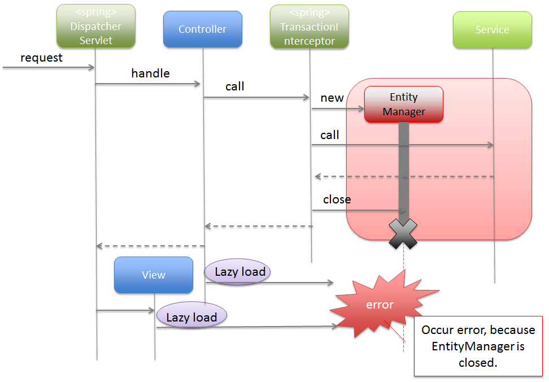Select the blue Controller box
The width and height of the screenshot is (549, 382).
coord(202,29)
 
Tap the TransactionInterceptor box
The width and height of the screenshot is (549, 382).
coord(309,26)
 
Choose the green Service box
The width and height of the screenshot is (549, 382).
coord(492,30)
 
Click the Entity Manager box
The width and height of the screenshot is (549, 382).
coord(404,105)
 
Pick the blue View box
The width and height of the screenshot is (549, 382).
coord(154,275)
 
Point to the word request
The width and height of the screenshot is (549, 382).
coord(41,58)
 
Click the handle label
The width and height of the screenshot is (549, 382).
coord(150,73)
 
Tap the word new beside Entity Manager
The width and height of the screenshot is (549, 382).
coord(332,98)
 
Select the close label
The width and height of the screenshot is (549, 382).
coord(337,199)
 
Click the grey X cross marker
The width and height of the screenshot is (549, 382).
coord(403,233)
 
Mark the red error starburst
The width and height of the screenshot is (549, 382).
coord(380,305)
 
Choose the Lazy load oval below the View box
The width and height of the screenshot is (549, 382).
coord(191,318)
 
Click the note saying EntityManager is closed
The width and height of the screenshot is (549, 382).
coord(478,346)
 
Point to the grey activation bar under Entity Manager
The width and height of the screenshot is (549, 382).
coord(404,170)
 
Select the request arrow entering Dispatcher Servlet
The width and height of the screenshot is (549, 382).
coord(48,68)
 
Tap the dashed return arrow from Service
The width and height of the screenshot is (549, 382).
coord(404,177)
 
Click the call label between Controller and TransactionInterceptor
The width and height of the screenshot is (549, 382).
coord(235,86)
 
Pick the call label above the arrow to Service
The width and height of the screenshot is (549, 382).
coord(329,135)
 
